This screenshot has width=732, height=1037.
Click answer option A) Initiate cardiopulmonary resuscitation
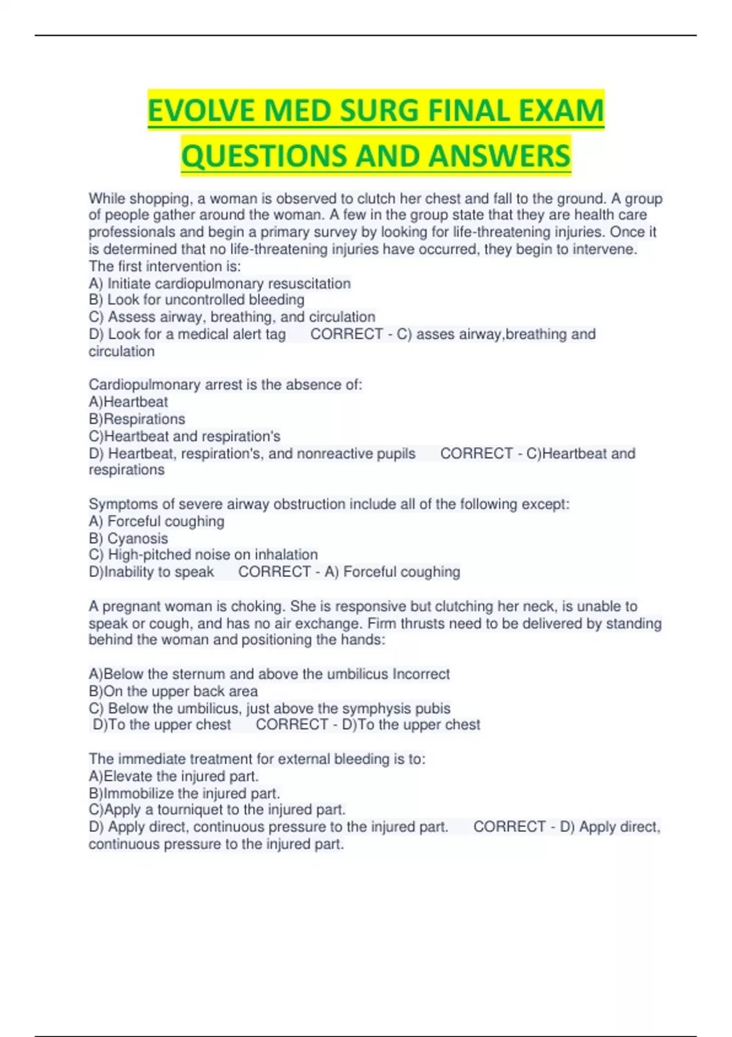pyautogui.click(x=220, y=284)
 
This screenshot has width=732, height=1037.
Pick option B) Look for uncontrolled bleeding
pyautogui.click(x=196, y=300)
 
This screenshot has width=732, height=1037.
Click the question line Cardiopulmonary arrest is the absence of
pyautogui.click(x=225, y=385)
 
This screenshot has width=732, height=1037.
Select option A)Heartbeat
pyautogui.click(x=128, y=402)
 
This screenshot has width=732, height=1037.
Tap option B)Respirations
pyautogui.click(x=137, y=419)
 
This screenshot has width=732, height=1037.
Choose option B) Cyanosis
pyautogui.click(x=128, y=539)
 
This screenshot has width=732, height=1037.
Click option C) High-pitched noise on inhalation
pyautogui.click(x=203, y=554)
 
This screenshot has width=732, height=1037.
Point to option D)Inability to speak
pyautogui.click(x=151, y=572)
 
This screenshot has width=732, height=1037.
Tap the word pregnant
pyautogui.click(x=132, y=606)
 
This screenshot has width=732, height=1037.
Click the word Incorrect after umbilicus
pyautogui.click(x=421, y=674)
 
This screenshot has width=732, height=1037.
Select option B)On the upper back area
pyautogui.click(x=173, y=691)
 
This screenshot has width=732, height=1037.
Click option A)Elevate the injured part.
pyautogui.click(x=174, y=777)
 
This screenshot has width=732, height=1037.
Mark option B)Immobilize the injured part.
pyautogui.click(x=184, y=794)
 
